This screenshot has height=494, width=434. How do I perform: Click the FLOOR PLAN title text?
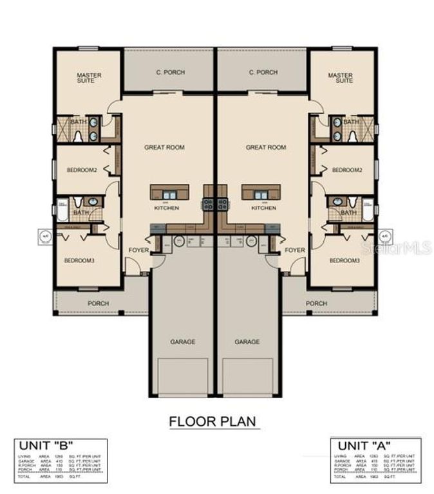coord(213,422)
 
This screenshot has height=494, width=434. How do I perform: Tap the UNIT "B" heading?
coord(45,444)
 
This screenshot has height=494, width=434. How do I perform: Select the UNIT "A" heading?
coord(362,444)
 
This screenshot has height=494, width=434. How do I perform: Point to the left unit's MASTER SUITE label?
coord(89,78)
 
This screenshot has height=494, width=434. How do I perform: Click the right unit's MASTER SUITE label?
coord(340,78)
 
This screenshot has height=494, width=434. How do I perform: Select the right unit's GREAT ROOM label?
coord(265,147)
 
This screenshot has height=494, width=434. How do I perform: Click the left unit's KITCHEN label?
coord(166,208)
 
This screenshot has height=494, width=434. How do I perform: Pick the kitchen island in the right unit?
coord(261,192)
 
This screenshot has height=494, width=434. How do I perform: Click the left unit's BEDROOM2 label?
coord(81,170)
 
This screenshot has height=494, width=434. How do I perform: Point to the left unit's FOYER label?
coord(138,250)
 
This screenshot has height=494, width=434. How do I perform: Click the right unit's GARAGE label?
coord(247,342)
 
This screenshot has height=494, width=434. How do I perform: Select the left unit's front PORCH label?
coord(99,303)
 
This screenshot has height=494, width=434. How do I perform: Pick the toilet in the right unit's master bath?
coord(353,135)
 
